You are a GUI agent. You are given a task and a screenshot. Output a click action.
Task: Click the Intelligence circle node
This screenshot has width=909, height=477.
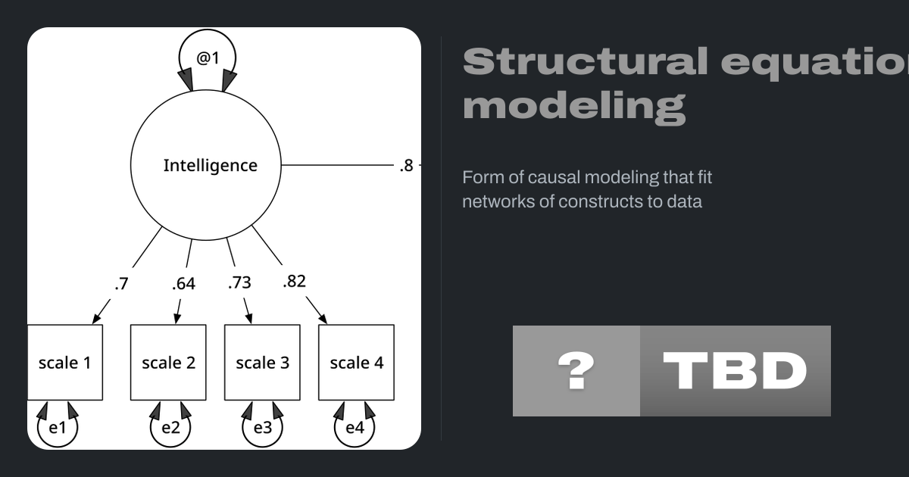(206, 165)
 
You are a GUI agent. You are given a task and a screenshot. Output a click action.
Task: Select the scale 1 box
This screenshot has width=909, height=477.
(65, 363)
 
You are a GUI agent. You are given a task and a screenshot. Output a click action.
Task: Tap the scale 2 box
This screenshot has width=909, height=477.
(168, 363)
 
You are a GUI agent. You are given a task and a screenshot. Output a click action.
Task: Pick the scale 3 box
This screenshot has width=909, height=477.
(262, 363)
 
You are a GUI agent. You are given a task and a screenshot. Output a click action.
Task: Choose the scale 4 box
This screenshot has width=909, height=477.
(356, 363)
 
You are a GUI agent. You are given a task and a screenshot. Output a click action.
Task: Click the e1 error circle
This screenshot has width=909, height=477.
(58, 428)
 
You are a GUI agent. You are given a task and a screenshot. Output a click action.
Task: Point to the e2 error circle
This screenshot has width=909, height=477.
(170, 428)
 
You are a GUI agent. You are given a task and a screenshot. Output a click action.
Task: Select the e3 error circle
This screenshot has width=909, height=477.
(262, 428)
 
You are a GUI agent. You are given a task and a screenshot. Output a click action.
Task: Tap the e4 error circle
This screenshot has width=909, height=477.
(355, 428)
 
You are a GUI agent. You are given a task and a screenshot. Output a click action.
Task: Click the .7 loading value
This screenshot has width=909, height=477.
(121, 284)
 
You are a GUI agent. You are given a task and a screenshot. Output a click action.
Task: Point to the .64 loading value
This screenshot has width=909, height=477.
(183, 284)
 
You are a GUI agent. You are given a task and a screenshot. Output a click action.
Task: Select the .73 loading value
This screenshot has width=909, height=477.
(239, 282)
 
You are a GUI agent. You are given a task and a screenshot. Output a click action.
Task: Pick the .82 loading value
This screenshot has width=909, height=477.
(294, 281)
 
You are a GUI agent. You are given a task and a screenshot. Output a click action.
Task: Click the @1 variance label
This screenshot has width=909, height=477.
(208, 57)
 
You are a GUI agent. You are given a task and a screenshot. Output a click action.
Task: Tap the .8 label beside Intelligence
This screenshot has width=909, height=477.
(407, 166)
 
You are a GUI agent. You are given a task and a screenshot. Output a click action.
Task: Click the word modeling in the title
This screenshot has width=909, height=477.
(574, 107)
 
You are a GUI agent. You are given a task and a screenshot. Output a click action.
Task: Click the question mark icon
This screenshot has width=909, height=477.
(576, 371)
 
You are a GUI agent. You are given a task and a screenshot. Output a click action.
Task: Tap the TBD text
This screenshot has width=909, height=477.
(735, 371)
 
